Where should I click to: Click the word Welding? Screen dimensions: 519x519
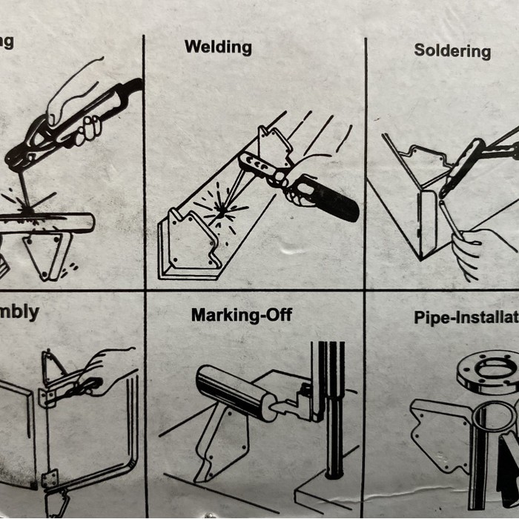click(x=218, y=47)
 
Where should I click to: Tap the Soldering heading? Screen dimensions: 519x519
click(x=452, y=51)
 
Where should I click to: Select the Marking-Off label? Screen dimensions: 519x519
click(x=242, y=315)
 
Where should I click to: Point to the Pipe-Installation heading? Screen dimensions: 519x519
click(x=466, y=317)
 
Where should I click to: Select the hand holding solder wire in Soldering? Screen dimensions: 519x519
click(x=469, y=252)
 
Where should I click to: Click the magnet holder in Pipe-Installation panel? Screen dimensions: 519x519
click(x=441, y=430)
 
